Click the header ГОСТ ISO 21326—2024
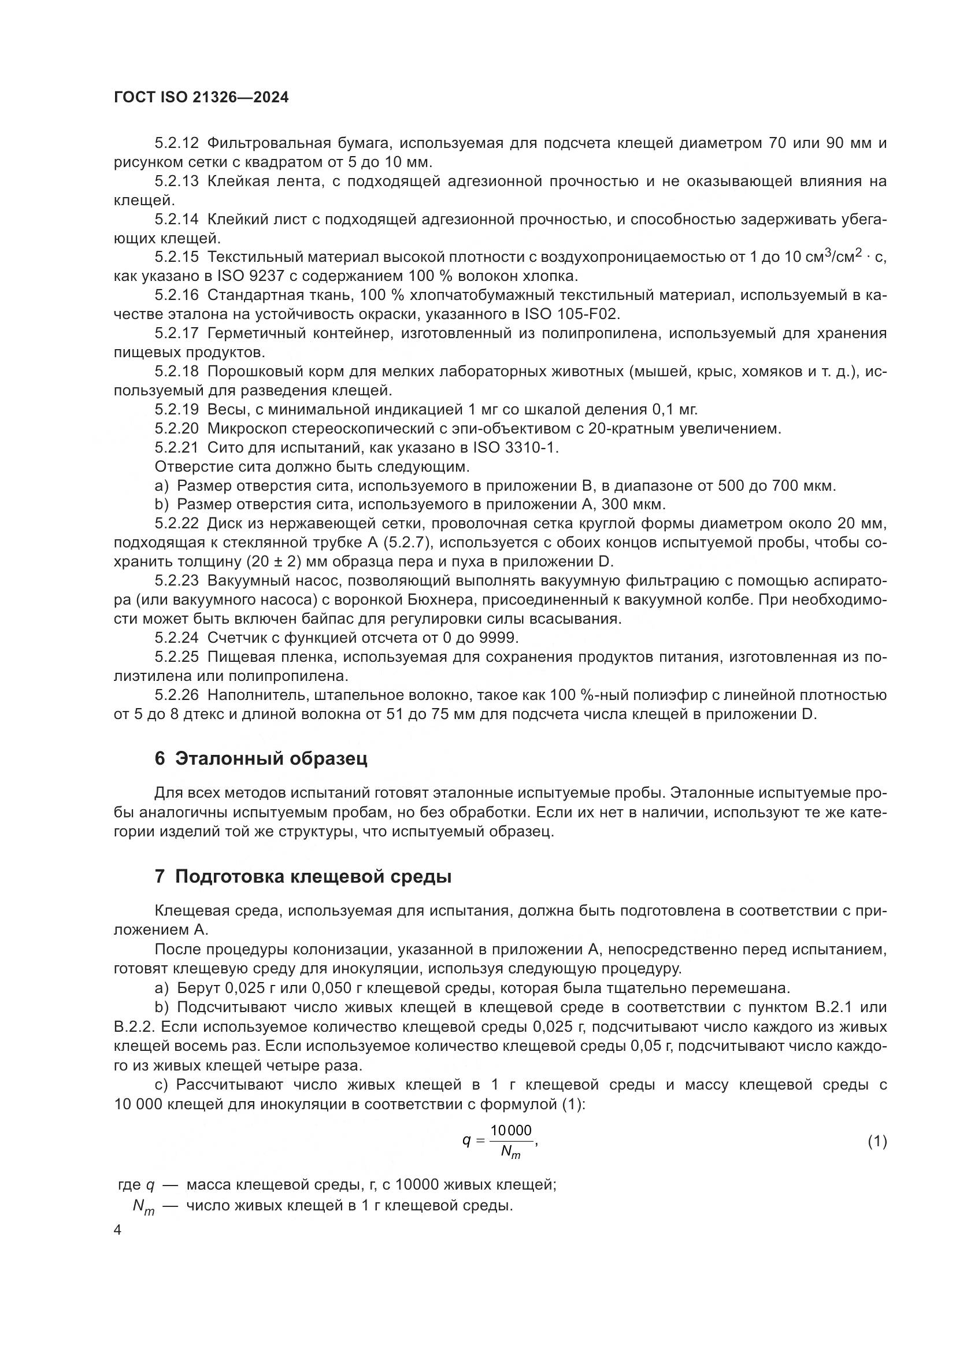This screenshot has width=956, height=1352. pos(201,98)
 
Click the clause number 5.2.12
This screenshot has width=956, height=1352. pos(177,143)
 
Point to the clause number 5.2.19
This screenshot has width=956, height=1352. pos(177,409)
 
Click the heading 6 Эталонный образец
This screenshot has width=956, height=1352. pos(261,758)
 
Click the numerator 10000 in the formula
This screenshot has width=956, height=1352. pos(511,1130)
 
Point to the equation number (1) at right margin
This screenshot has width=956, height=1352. pos(877,1142)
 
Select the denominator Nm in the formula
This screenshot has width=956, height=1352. pos(510,1151)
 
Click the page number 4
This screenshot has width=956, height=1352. pos(118,1231)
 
